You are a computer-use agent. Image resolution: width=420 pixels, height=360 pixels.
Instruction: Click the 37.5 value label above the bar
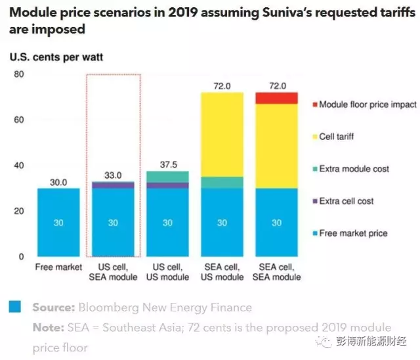(x=167, y=164)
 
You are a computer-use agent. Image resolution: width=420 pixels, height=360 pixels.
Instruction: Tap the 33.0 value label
(x=113, y=175)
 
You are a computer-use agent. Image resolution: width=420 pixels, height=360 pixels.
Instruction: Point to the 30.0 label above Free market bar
(x=58, y=182)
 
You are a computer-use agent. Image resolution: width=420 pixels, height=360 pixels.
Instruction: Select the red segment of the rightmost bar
(x=276, y=98)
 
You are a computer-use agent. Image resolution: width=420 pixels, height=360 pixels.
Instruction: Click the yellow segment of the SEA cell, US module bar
(x=222, y=135)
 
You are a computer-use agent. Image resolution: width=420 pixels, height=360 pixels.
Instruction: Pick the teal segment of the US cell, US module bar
(x=167, y=177)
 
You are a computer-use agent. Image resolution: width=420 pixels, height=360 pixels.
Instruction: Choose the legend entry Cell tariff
(x=335, y=137)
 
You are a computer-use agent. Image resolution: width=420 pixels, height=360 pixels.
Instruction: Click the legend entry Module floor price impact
(x=367, y=104)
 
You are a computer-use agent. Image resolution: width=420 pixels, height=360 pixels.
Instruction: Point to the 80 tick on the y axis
(x=19, y=75)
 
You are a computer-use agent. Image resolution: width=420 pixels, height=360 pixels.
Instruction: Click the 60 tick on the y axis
(x=19, y=120)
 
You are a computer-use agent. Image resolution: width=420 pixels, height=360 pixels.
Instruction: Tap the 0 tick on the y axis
(x=22, y=256)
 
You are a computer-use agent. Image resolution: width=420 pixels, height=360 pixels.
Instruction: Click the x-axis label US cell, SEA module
(x=113, y=272)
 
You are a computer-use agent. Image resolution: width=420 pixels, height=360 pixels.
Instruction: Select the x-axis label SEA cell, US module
(x=222, y=272)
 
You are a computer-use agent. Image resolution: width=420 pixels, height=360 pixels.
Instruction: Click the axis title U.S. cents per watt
(x=56, y=57)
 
